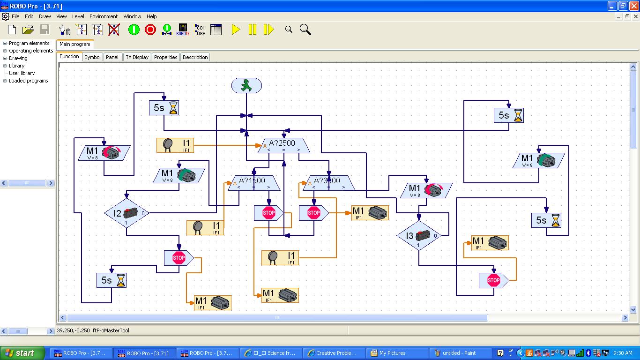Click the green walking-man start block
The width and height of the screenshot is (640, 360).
(246, 86)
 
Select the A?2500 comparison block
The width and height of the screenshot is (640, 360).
(283, 145)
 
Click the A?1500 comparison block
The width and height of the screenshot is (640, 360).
(253, 183)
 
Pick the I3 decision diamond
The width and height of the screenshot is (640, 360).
(419, 236)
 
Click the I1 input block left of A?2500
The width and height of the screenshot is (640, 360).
(175, 145)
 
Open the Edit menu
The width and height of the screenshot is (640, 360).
(29, 16)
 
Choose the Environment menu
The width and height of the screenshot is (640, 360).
(104, 16)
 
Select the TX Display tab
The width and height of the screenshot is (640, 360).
(137, 57)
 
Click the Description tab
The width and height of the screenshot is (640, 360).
(195, 57)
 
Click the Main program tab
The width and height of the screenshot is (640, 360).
(75, 44)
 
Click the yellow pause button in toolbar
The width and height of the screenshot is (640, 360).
(253, 30)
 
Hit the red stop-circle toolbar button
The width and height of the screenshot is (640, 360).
(150, 30)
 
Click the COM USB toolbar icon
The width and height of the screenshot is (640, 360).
(200, 30)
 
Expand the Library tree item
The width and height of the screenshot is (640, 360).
(5, 66)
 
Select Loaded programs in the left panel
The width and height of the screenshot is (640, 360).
(28, 81)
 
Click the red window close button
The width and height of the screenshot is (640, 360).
(633, 6)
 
